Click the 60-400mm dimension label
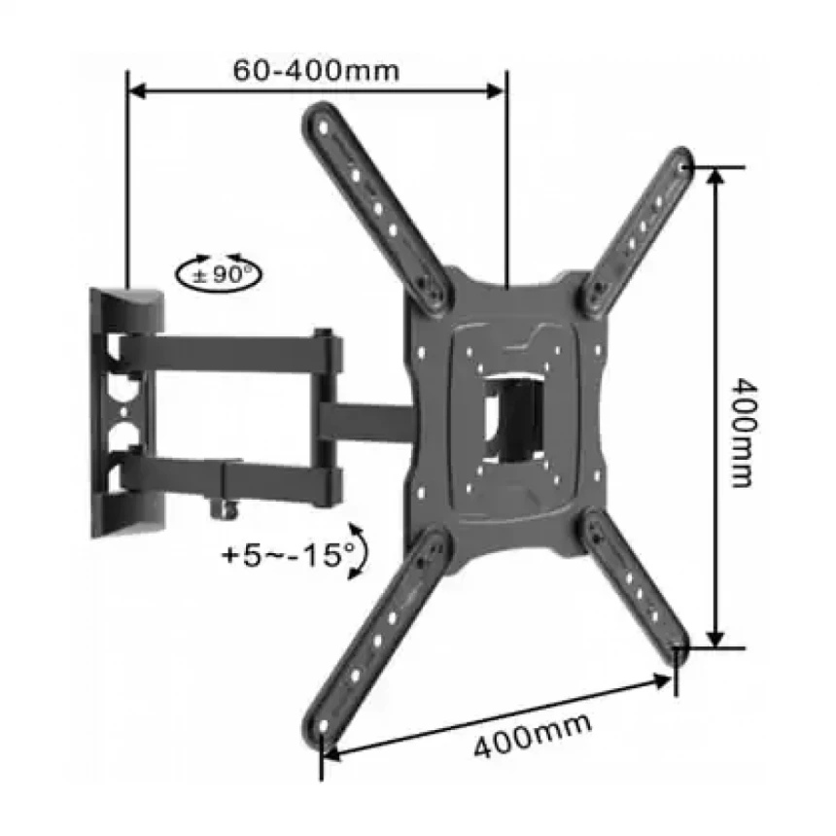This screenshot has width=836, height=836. [316, 70]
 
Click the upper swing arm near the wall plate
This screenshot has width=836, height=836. [224, 352]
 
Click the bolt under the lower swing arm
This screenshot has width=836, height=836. [232, 506]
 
